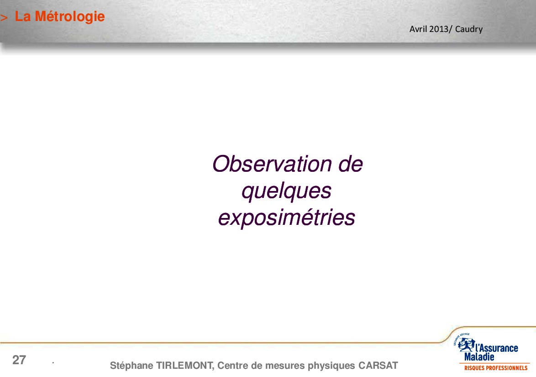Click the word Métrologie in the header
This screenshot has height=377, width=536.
click(x=70, y=17)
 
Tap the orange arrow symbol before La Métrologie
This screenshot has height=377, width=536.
click(x=4, y=18)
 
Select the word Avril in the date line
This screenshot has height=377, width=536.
click(x=418, y=29)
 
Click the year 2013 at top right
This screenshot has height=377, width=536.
click(x=439, y=29)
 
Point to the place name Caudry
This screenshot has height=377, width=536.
click(x=469, y=29)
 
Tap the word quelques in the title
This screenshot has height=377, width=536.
click(x=286, y=191)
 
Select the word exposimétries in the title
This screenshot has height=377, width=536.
click(x=286, y=218)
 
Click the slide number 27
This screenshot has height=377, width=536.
click(x=19, y=360)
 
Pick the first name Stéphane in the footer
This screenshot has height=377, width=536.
click(x=131, y=366)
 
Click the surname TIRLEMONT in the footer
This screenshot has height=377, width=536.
click(x=185, y=366)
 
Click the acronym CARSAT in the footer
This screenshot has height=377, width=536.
click(x=378, y=366)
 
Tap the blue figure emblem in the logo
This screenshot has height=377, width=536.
click(x=466, y=345)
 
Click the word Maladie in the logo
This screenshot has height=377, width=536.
click(x=479, y=357)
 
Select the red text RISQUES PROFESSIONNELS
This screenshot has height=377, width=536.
click(x=496, y=368)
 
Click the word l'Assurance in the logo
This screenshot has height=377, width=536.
click(x=497, y=348)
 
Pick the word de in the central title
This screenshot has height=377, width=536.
click(x=350, y=164)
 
